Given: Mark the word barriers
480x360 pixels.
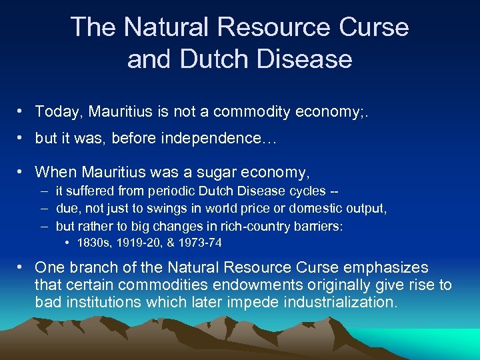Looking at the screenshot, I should click(x=318, y=226).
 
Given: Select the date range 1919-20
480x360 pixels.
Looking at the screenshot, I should click(x=135, y=243).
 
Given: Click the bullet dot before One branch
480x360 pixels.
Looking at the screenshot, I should click(x=23, y=268).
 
